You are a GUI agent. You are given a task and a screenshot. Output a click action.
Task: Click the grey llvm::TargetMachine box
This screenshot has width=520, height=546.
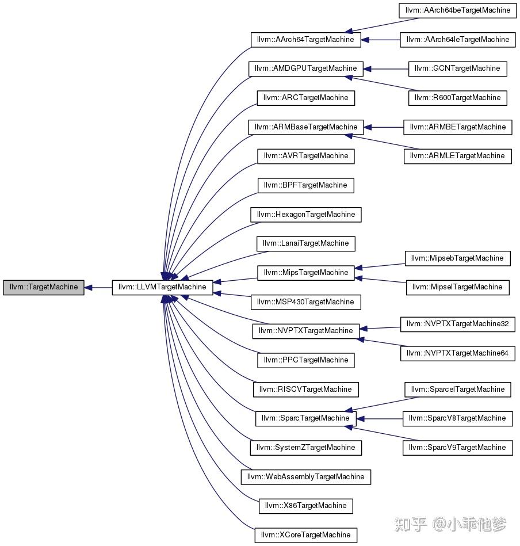click(43, 287)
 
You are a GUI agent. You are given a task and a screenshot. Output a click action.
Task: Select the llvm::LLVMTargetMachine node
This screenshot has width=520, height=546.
click(162, 287)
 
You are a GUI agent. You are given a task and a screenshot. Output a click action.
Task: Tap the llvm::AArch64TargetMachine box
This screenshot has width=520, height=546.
click(305, 40)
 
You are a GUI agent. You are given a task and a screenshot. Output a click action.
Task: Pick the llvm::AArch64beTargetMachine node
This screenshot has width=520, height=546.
click(457, 10)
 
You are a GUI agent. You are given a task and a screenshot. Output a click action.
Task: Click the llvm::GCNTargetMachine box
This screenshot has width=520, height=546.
click(457, 68)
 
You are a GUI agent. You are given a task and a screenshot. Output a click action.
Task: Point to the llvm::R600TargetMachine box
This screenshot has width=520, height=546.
click(457, 98)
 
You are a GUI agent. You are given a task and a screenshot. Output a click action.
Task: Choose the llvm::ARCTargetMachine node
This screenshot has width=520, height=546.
click(305, 98)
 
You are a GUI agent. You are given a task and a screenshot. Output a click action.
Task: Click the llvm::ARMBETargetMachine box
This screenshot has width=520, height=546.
click(457, 127)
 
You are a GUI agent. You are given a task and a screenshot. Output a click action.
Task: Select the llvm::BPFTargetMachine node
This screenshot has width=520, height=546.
click(305, 185)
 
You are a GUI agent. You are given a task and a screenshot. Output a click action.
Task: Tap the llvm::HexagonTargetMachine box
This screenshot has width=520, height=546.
click(305, 215)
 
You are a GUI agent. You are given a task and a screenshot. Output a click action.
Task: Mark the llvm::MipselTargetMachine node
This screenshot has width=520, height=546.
click(457, 287)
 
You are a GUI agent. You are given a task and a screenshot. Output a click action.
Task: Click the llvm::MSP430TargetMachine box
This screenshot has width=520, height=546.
click(305, 302)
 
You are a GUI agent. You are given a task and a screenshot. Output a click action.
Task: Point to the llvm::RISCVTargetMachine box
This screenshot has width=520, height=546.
click(305, 390)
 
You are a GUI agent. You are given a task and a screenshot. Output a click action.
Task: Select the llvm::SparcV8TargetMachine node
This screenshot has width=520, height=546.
click(457, 418)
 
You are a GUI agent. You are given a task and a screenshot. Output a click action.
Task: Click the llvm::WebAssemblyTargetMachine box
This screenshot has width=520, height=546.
click(305, 477)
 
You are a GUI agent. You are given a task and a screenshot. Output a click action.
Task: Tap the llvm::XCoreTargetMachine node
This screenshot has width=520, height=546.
click(305, 535)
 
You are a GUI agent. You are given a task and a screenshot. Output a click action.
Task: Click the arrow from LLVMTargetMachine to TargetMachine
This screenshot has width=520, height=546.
click(98, 287)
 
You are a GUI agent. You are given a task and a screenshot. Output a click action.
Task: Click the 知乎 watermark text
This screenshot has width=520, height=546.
click(410, 524)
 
